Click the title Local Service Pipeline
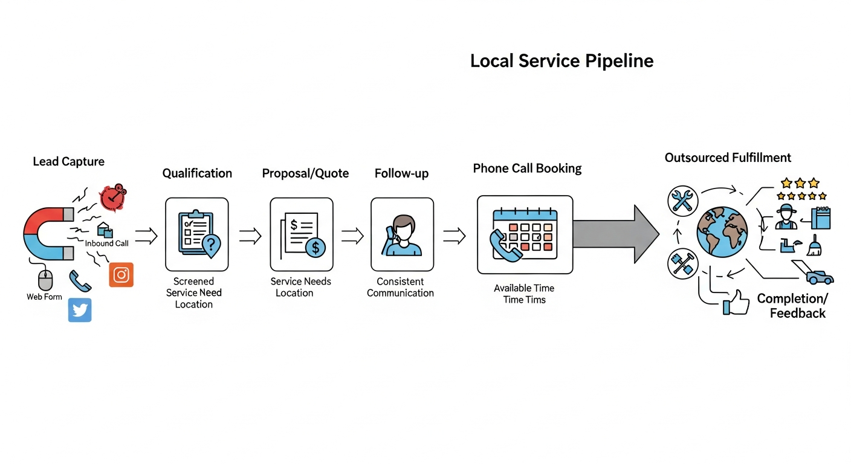(561, 61)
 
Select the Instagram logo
(121, 275)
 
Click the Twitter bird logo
(80, 310)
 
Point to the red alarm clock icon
(114, 198)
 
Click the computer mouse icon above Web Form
(45, 280)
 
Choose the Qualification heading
(197, 173)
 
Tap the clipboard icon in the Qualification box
(195, 233)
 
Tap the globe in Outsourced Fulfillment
(722, 232)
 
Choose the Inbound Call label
(106, 243)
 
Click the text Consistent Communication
(401, 287)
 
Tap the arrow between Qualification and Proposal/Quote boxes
(250, 236)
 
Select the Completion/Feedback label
(792, 306)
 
